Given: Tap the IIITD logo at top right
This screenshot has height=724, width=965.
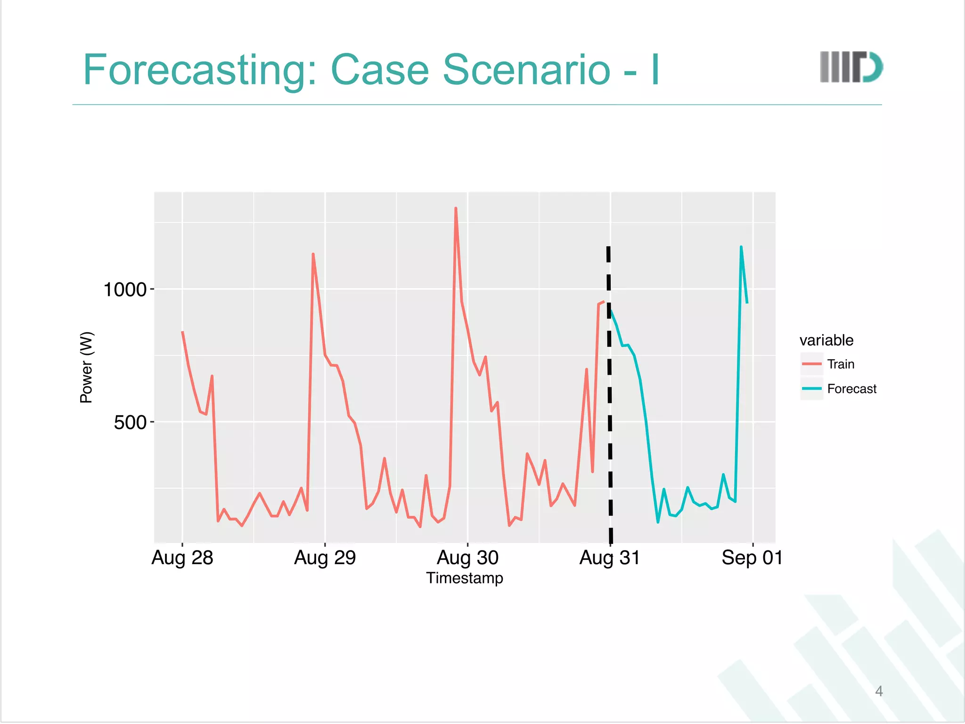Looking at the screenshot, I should click(x=851, y=67).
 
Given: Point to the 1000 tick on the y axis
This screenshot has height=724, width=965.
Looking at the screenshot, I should click(x=125, y=289).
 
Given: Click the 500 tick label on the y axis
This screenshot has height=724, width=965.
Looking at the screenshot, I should click(x=131, y=422).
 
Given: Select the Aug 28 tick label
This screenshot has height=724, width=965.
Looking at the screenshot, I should click(x=182, y=558).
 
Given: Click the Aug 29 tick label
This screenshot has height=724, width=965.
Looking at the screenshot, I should click(x=325, y=558).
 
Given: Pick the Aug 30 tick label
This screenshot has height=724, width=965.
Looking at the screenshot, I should click(x=467, y=558).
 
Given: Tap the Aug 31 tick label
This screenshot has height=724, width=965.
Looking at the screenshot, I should click(x=610, y=558).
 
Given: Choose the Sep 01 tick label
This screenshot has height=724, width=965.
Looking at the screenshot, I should click(x=752, y=558).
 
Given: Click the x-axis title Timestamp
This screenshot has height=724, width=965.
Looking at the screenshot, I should click(x=465, y=578).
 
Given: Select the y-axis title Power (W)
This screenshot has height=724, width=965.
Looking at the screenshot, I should click(x=87, y=367).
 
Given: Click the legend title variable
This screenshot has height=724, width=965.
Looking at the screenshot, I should click(x=826, y=340).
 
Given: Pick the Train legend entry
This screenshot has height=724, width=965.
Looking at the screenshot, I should click(x=840, y=364).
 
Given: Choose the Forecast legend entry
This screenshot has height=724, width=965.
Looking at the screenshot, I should click(x=851, y=389).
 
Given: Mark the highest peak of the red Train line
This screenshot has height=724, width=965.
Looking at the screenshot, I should click(x=456, y=208).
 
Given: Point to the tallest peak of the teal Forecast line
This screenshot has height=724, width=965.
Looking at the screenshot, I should click(x=741, y=247).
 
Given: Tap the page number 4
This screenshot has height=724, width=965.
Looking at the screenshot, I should click(x=879, y=691).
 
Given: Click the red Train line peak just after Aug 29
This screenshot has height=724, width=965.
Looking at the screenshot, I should click(x=313, y=255).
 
